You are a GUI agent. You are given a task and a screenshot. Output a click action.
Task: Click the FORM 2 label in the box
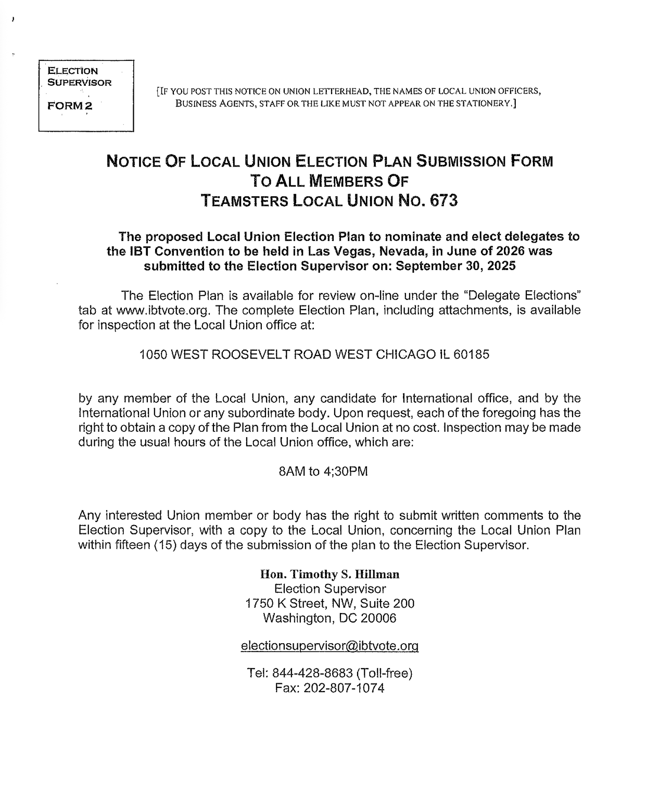point(70,106)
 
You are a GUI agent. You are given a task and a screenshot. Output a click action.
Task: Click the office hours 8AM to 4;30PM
point(323,472)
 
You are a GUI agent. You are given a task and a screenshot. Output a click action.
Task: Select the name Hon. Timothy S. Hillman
point(330,575)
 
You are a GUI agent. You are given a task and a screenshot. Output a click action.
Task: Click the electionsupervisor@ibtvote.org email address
point(330,646)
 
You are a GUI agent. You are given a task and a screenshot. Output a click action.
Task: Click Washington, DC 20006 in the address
point(330,618)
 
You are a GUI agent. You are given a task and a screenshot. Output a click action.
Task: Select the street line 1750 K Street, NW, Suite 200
point(330,604)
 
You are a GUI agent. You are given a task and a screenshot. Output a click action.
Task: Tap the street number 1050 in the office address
point(153,355)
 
